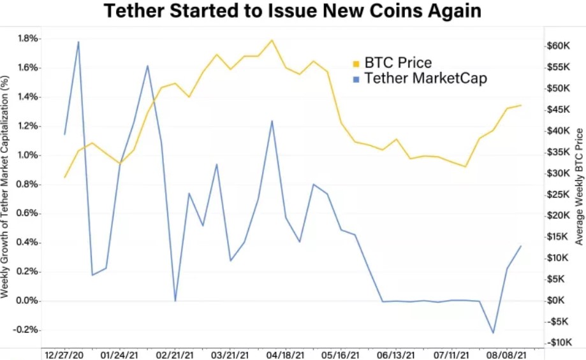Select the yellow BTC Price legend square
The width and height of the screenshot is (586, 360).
[356, 63]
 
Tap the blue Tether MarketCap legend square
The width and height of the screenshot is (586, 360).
[356, 79]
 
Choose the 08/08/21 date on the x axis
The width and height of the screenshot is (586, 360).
[508, 354]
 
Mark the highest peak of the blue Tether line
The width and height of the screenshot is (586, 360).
[78, 42]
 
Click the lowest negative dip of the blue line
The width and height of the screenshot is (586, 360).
[493, 333]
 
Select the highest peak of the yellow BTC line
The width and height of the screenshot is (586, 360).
[272, 40]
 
